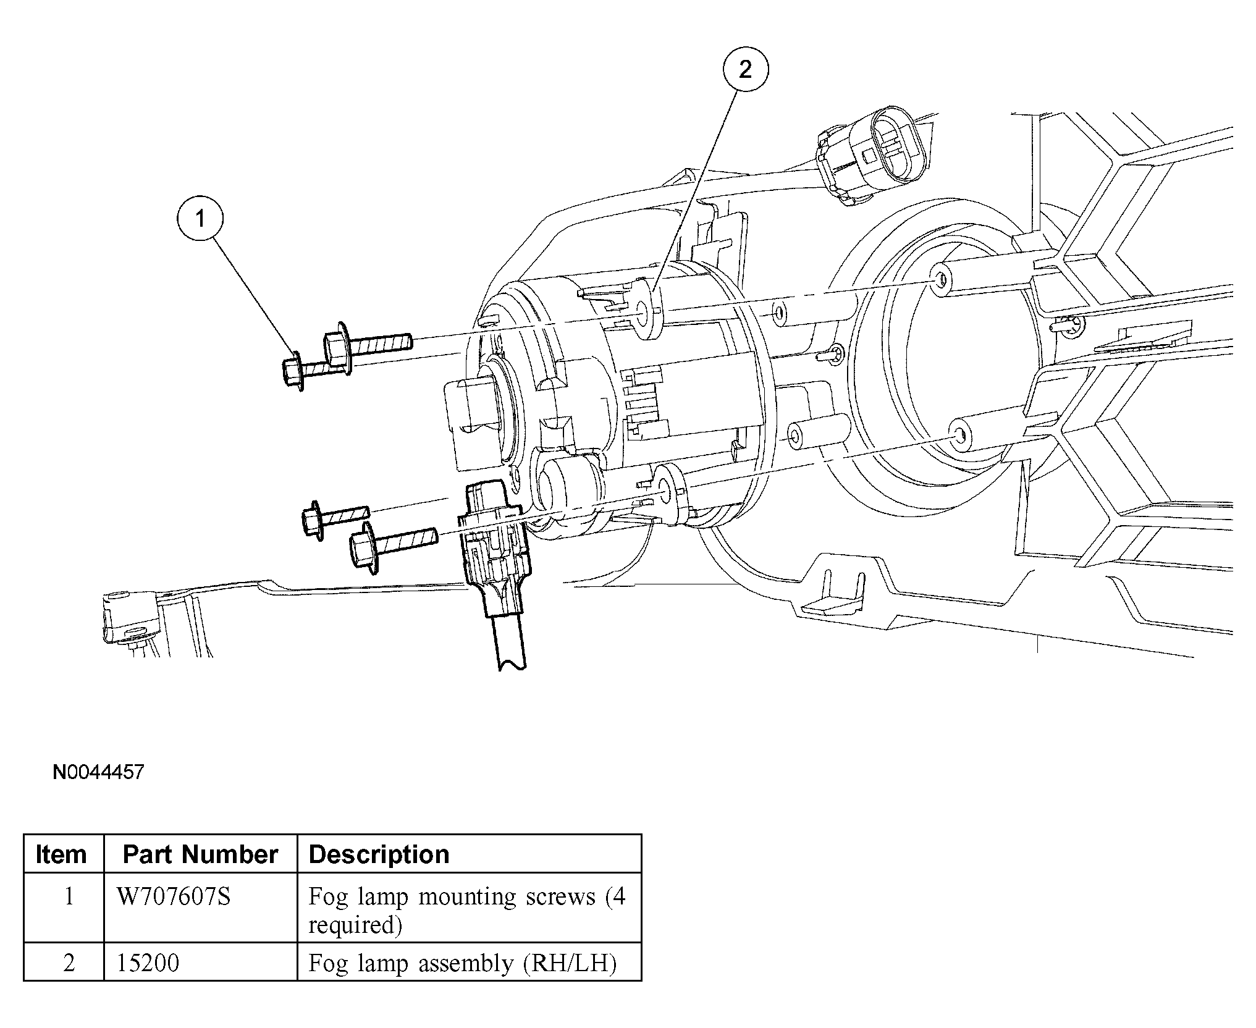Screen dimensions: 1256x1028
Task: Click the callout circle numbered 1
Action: point(200,219)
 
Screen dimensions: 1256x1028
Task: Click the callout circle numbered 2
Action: point(745,70)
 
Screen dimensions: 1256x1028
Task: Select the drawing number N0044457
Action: point(98,772)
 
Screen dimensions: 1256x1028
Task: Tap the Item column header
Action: point(61,854)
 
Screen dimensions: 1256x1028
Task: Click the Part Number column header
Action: point(200,854)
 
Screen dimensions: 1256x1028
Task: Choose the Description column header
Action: point(379,854)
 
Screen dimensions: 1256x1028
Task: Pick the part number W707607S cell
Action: point(174,896)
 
